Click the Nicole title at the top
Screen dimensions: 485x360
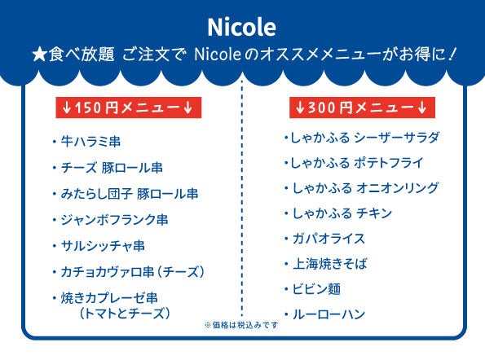pos(241,27)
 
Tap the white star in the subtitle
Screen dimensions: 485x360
pos(40,55)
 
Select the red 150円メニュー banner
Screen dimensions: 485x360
pos(128,108)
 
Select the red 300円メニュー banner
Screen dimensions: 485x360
pos(362,108)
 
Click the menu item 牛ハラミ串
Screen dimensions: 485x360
pos(90,142)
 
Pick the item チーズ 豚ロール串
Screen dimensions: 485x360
pos(112,168)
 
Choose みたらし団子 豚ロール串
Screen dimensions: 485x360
pos(130,194)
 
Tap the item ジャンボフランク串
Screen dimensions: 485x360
pos(114,220)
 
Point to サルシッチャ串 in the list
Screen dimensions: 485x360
pos(103,246)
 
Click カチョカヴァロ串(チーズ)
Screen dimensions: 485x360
pos(132,272)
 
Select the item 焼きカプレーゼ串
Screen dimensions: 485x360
pos(109,298)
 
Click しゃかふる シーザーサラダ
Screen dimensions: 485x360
pos(364,138)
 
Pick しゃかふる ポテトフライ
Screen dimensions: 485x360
pos(357,163)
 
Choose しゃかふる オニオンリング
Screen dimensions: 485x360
pos(366,188)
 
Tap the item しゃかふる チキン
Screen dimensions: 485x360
pos(342,213)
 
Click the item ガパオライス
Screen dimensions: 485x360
pos(328,239)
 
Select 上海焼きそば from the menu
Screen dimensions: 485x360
pos(330,264)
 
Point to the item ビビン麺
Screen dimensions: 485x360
pos(316,289)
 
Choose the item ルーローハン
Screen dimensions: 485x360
pos(328,314)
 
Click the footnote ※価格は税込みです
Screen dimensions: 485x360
pos(241,325)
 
